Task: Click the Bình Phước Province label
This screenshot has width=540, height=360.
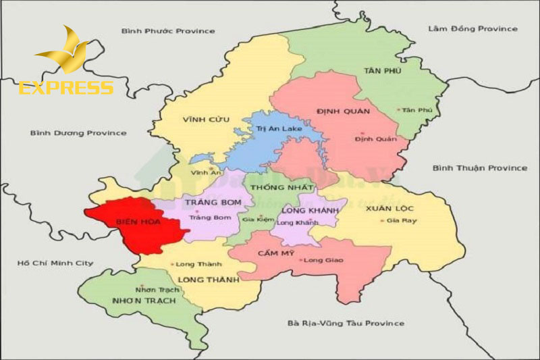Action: [168, 31]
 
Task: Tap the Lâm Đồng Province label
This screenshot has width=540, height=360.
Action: [473, 28]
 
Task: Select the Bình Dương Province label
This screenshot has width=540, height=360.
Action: [78, 133]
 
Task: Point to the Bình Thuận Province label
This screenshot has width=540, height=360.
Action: [480, 168]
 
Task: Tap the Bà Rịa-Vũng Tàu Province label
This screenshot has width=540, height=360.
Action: [345, 324]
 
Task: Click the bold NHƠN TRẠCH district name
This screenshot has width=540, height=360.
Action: [143, 300]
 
